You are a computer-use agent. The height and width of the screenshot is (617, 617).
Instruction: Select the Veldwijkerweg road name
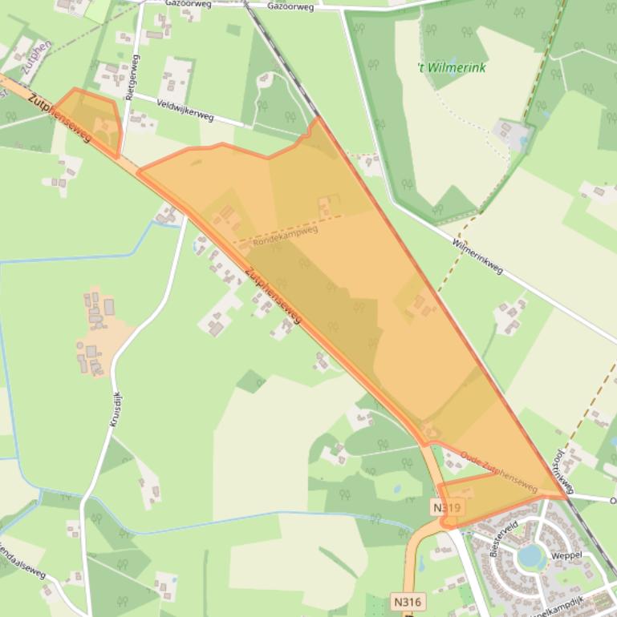pyautogui.click(x=185, y=110)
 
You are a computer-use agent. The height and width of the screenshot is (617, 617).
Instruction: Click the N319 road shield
pyautogui.click(x=447, y=508)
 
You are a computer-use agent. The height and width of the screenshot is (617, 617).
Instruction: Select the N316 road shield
pyautogui.click(x=408, y=601)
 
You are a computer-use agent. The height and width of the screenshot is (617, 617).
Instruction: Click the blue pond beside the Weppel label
pyautogui.click(x=530, y=555)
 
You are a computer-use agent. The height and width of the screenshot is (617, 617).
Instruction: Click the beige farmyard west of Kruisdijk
pyautogui.click(x=96, y=337)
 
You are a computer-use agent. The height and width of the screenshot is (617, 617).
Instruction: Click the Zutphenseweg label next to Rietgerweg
pyautogui.click(x=59, y=119)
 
